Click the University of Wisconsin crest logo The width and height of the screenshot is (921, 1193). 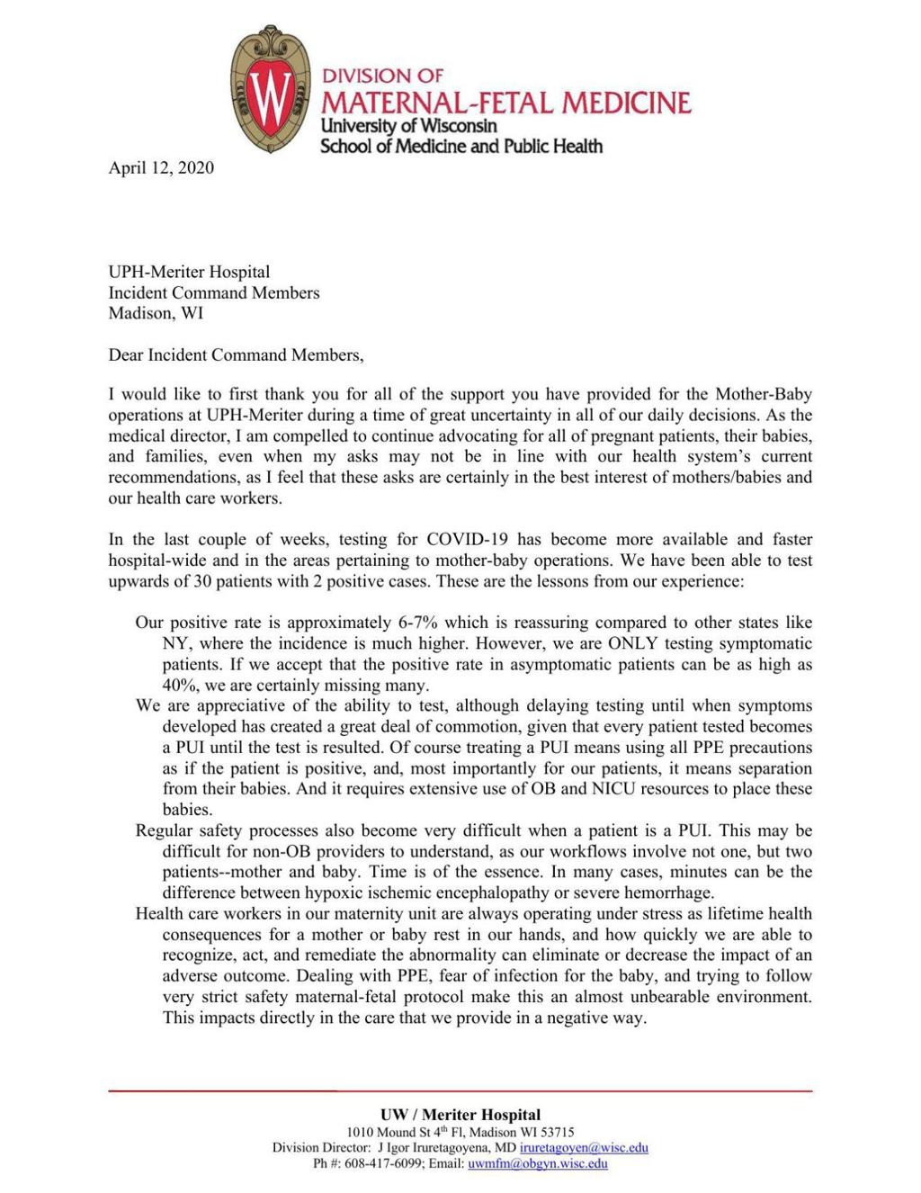[x=270, y=88]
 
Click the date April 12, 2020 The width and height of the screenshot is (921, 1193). [x=161, y=167]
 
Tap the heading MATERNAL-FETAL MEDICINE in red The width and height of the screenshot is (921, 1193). [x=506, y=103]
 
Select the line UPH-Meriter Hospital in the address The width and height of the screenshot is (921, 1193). [x=189, y=272]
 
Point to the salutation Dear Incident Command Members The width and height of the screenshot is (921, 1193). [x=236, y=354]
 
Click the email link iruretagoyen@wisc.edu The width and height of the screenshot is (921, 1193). [x=584, y=1147]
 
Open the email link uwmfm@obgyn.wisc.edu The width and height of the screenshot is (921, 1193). [x=538, y=1163]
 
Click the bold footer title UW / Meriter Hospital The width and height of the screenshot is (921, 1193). [x=460, y=1115]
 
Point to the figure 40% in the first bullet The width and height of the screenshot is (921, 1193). [x=180, y=685]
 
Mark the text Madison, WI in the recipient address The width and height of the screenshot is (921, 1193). [x=156, y=313]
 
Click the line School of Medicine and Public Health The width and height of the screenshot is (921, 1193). [x=461, y=146]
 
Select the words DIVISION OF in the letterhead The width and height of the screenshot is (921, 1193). [x=383, y=76]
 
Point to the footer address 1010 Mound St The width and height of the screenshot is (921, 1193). [x=392, y=1132]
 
